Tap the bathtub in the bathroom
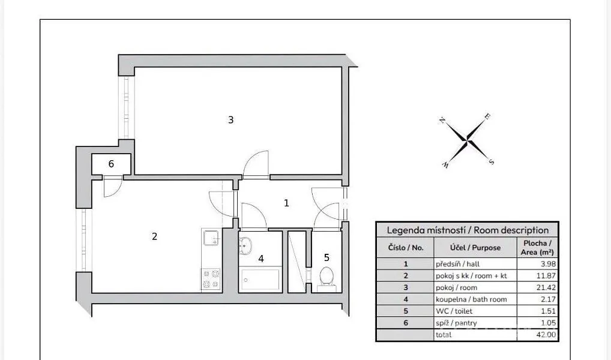[x=260, y=280]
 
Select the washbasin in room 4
[x=245, y=246]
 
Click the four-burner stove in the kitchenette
[x=211, y=279]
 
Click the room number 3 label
[x=230, y=120]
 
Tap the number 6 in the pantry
[x=111, y=164]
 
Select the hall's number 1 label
[x=286, y=203]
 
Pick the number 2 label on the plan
[x=155, y=236]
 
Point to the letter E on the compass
[x=487, y=116]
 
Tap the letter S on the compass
[x=492, y=161]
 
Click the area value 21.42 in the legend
[x=546, y=287]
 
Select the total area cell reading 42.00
[x=546, y=335]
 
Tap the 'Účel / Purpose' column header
[x=475, y=248]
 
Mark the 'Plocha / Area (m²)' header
[x=537, y=248]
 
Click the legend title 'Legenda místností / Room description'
[x=468, y=230]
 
